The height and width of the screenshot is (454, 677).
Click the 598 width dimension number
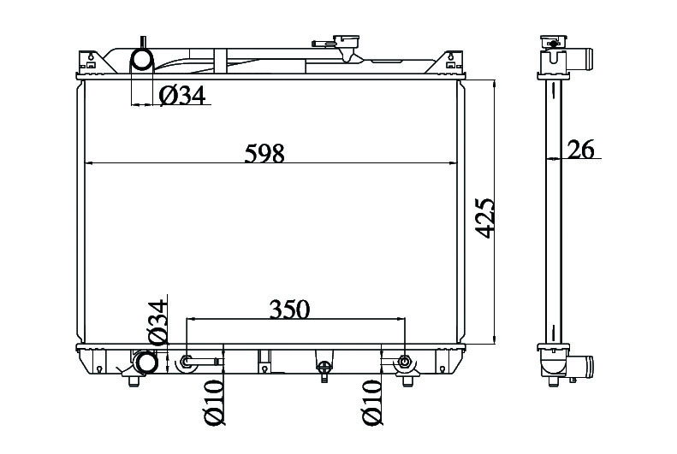(x=264, y=153)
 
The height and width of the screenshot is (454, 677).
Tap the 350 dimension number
(x=289, y=309)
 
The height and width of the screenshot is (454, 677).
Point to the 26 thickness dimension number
(x=581, y=149)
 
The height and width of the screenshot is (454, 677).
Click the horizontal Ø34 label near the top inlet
(x=182, y=95)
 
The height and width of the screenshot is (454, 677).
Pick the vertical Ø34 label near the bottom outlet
(x=157, y=321)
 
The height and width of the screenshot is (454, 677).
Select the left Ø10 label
(x=214, y=403)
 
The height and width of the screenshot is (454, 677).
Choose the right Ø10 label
(x=372, y=403)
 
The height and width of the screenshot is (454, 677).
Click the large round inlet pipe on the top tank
(x=141, y=60)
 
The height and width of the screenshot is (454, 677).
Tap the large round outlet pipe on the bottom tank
(x=145, y=363)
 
